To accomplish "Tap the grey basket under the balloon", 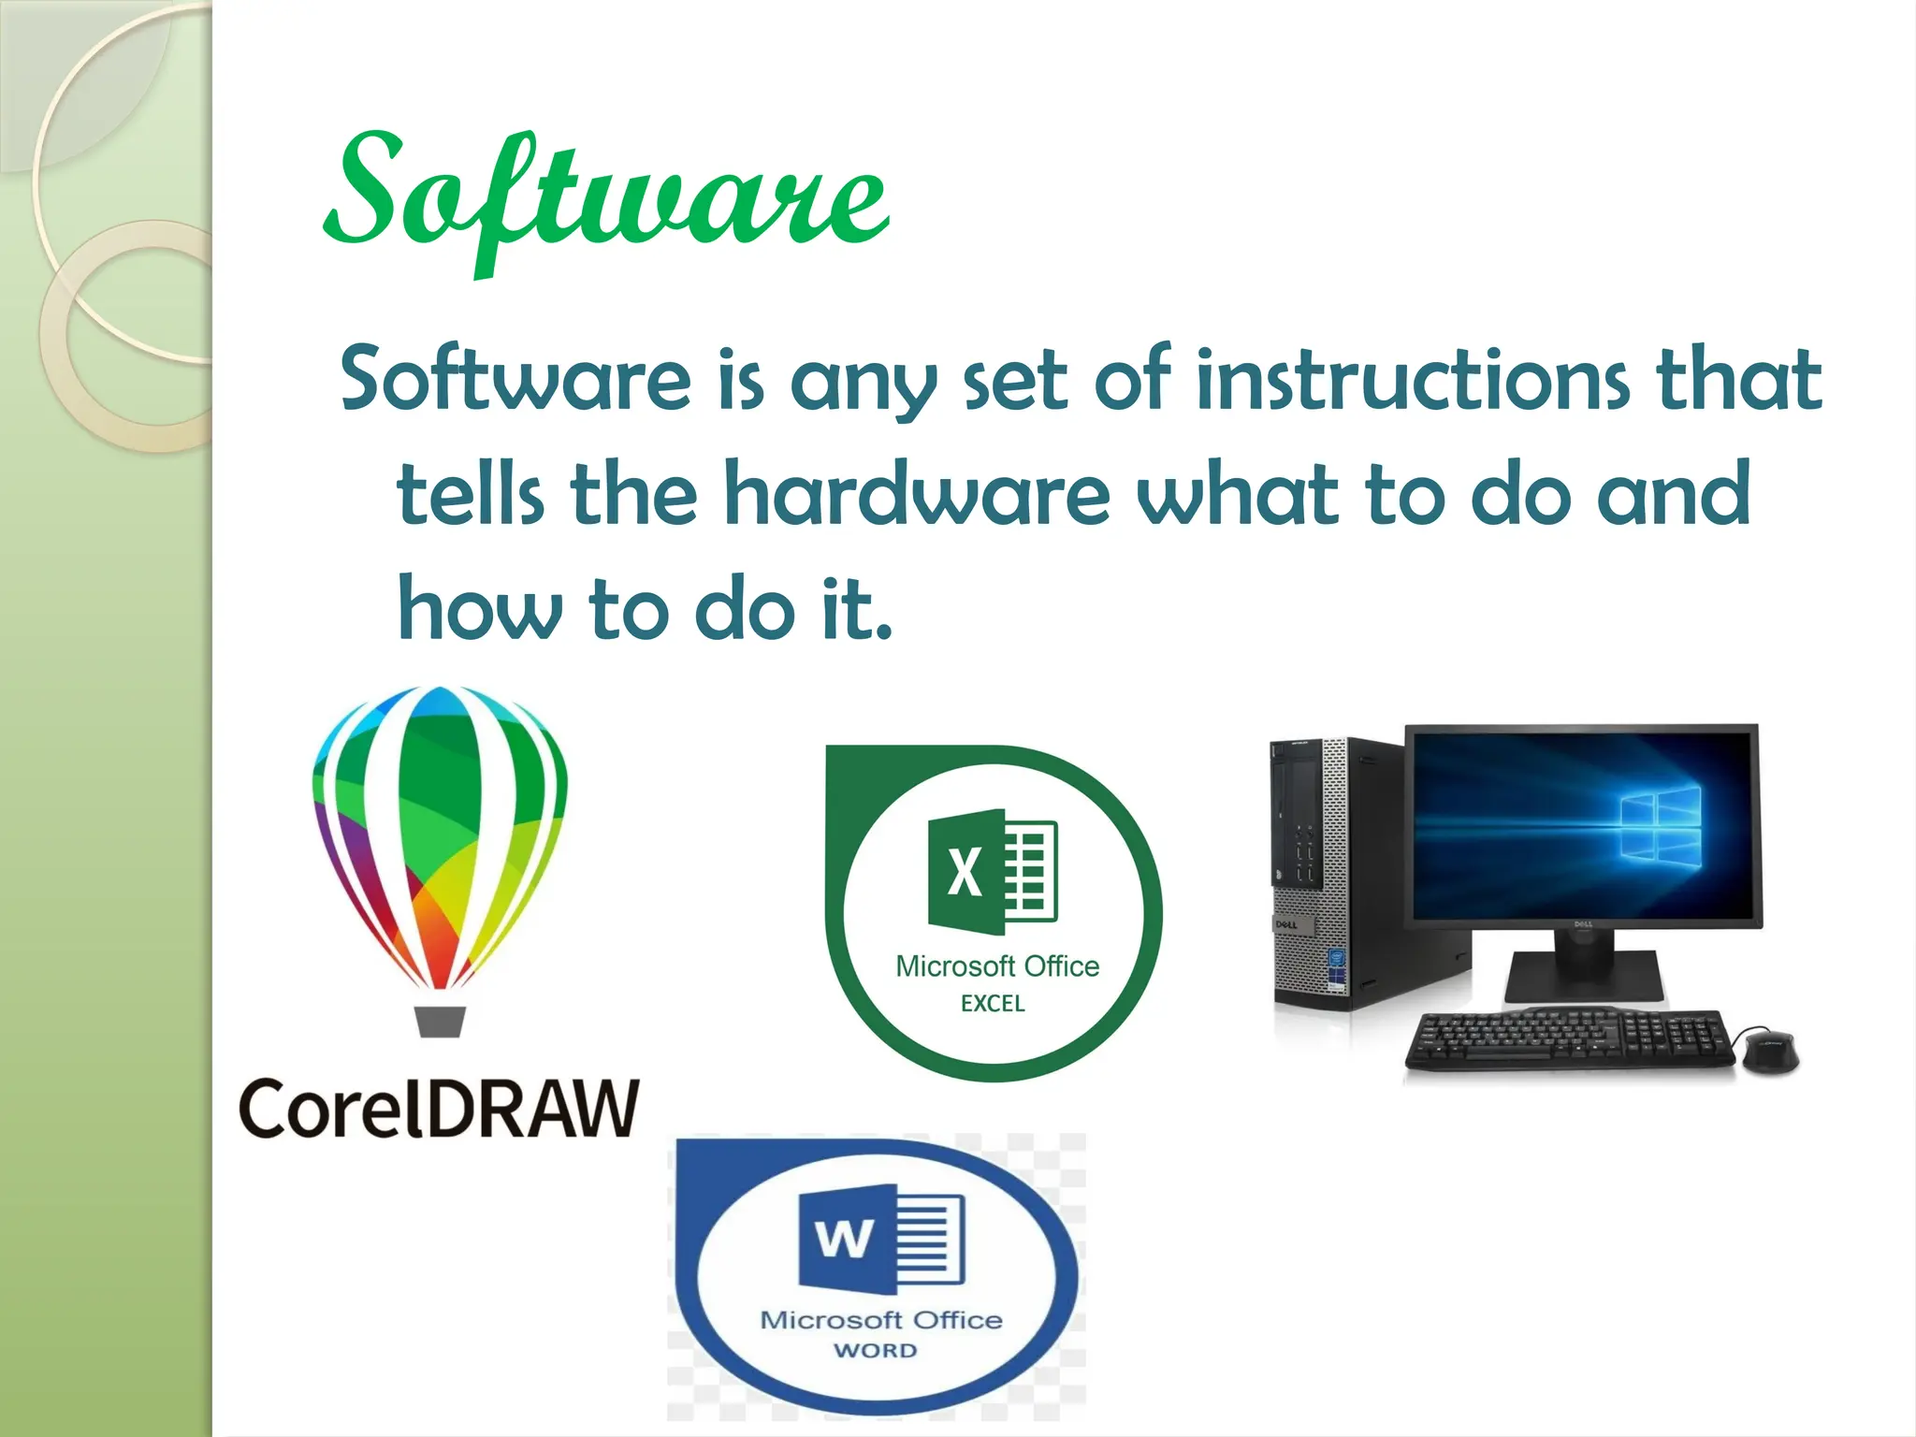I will click(440, 1021).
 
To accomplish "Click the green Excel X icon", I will click(966, 872).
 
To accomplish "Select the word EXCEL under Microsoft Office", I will click(993, 1004).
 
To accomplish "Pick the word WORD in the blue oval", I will click(876, 1350).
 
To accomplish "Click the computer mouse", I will click(1768, 1050).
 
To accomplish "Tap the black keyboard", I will click(1572, 1040).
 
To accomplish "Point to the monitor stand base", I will click(1581, 979).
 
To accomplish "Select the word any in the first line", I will click(863, 382).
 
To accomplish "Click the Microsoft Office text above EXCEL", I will click(997, 965).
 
